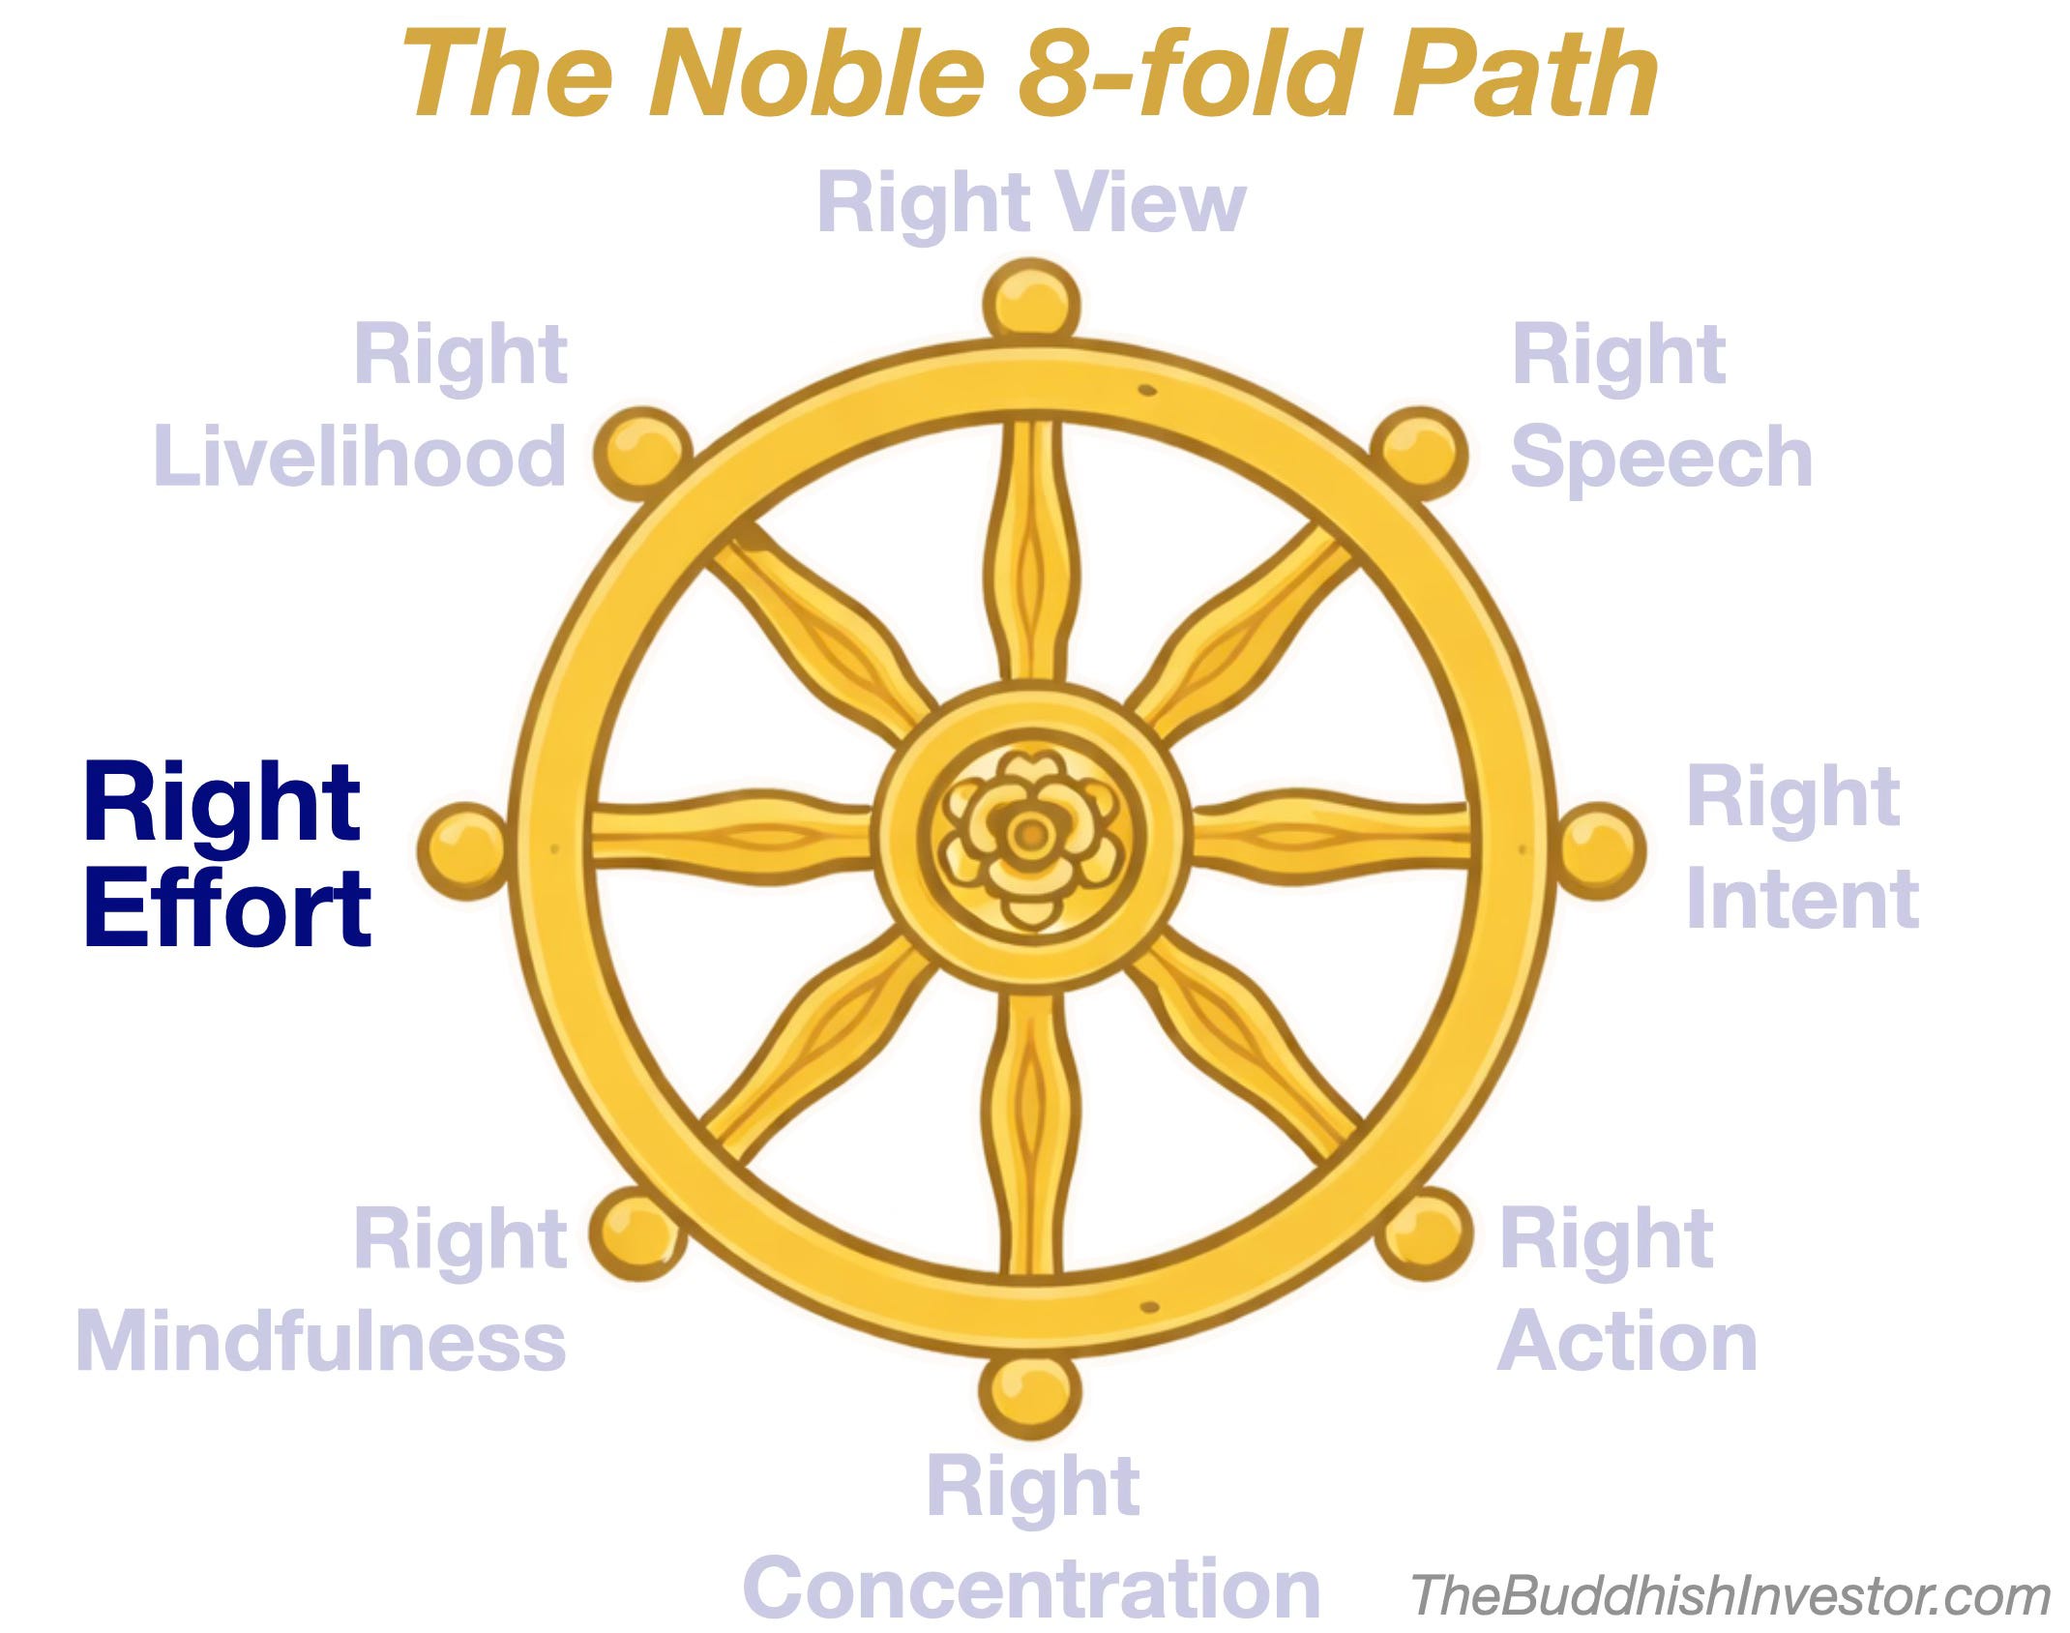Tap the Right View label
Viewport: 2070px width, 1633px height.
point(1031,203)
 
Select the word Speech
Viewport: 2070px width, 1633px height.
point(1661,457)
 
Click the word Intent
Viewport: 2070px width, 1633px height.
point(1801,900)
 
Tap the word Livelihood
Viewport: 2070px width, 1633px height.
point(360,457)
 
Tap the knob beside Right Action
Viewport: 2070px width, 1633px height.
point(1424,1233)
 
